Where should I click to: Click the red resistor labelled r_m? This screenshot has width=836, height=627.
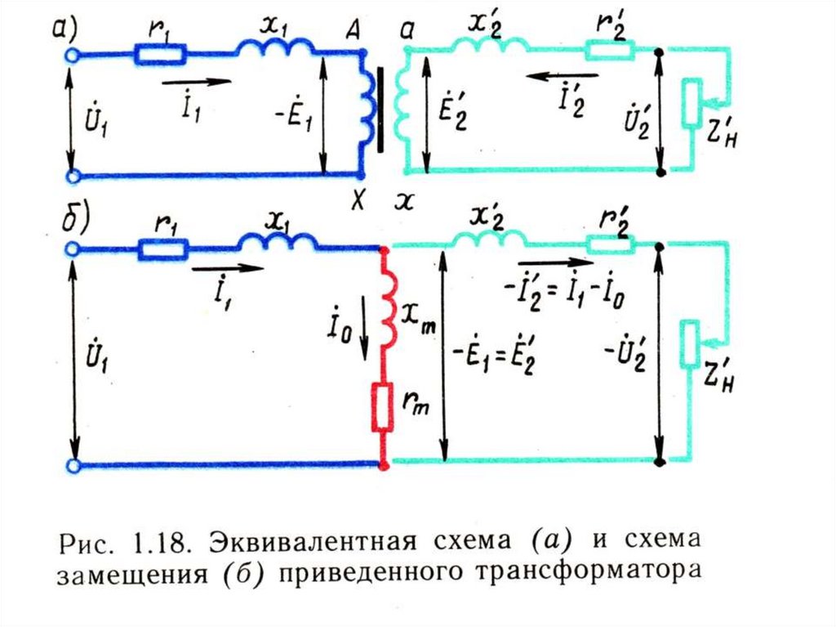pyautogui.click(x=382, y=406)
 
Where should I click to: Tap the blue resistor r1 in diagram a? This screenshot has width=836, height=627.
pyautogui.click(x=162, y=55)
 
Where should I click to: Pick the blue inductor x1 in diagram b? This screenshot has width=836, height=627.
pyautogui.click(x=278, y=243)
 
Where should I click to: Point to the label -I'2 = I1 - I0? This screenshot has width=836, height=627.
pyautogui.click(x=563, y=292)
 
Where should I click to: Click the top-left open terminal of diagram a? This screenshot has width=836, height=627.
pyautogui.click(x=71, y=55)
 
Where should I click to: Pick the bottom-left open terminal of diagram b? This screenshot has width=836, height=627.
pyautogui.click(x=72, y=465)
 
